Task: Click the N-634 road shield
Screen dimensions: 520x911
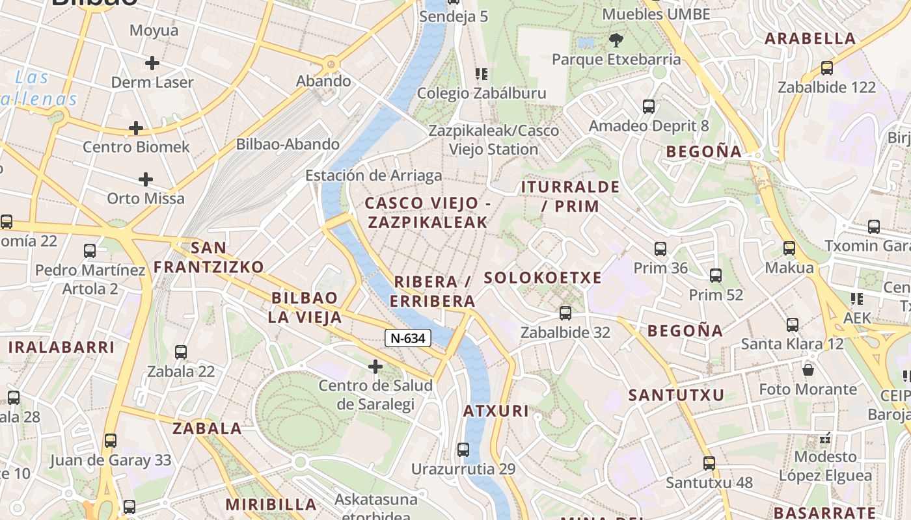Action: pyautogui.click(x=408, y=338)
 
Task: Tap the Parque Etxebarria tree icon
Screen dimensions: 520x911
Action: pyautogui.click(x=615, y=41)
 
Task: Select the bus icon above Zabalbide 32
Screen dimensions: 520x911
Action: pyautogui.click(x=565, y=313)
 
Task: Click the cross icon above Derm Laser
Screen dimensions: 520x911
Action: pyautogui.click(x=152, y=63)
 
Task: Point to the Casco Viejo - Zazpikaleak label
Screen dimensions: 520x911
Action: pyautogui.click(x=428, y=213)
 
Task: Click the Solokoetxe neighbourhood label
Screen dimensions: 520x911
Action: pyautogui.click(x=543, y=278)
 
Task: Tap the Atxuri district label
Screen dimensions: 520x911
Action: pyautogui.click(x=496, y=411)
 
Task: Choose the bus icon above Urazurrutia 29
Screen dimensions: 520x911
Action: pyautogui.click(x=463, y=449)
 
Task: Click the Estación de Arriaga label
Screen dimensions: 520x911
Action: pyautogui.click(x=374, y=175)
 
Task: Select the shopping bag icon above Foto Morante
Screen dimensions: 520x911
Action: pyautogui.click(x=808, y=370)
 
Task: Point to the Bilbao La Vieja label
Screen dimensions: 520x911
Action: pyautogui.click(x=305, y=307)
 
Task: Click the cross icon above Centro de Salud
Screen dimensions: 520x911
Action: pyautogui.click(x=375, y=367)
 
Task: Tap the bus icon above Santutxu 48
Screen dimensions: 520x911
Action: pyautogui.click(x=709, y=463)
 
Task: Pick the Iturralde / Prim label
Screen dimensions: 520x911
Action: pyautogui.click(x=570, y=196)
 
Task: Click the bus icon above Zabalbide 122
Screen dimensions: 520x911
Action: pyautogui.click(x=827, y=68)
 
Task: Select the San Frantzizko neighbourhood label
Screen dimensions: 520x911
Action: pyautogui.click(x=209, y=257)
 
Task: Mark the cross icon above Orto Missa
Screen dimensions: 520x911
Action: pyautogui.click(x=146, y=179)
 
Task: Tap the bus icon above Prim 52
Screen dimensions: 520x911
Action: pyautogui.click(x=716, y=276)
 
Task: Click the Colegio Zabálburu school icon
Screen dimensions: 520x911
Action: pyautogui.click(x=481, y=74)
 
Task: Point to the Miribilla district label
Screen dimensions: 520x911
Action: pyautogui.click(x=271, y=504)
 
